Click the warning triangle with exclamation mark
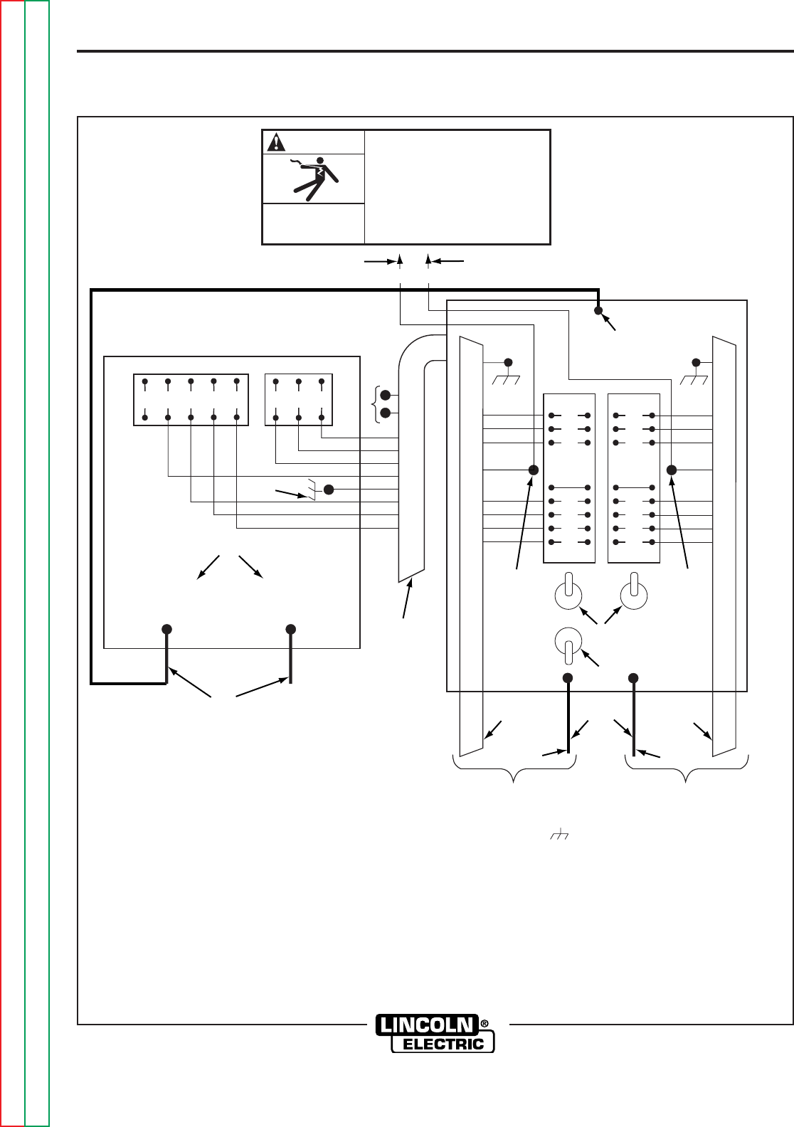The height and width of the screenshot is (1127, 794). coord(275,143)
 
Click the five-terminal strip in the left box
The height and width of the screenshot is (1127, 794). coord(191,399)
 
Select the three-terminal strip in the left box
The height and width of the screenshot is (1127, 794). coord(299,399)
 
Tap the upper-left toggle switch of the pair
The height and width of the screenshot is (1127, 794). coord(568,595)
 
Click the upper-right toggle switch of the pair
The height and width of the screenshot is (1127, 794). coord(633,595)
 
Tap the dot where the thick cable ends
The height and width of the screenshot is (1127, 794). coord(598,310)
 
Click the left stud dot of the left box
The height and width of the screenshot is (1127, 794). coord(166,629)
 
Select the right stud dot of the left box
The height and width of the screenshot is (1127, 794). coord(291,629)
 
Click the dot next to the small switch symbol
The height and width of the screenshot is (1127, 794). coord(329,489)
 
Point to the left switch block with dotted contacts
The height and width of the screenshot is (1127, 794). coord(569,478)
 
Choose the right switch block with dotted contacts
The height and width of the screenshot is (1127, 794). coord(635,478)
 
